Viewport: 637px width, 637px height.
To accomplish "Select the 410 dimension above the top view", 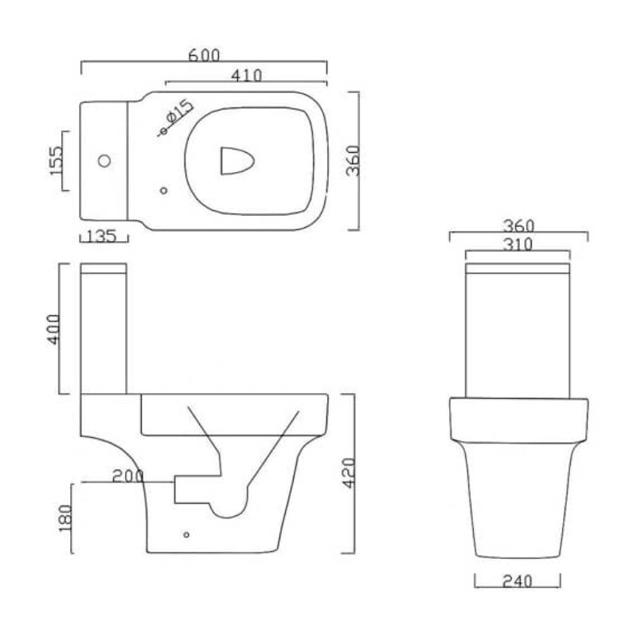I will (x=247, y=76).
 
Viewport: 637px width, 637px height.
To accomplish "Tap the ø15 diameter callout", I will (x=176, y=114).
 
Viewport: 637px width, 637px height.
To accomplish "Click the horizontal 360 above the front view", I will (x=518, y=227).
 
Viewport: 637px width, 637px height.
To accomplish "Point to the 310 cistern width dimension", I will (x=518, y=244).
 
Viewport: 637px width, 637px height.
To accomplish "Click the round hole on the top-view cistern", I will (x=103, y=162).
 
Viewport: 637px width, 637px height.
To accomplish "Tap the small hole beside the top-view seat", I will (x=164, y=190).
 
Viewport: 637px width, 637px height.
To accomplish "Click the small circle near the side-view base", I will (x=186, y=535).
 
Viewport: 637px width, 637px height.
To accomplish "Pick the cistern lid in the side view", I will (x=104, y=268).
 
